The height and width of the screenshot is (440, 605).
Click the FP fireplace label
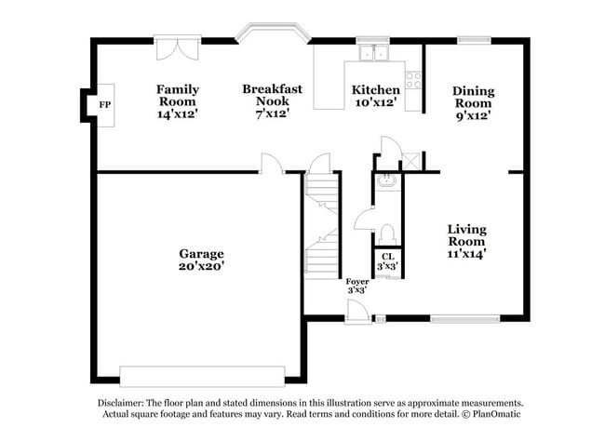(x=105, y=106)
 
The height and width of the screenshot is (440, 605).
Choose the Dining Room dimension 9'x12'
(x=473, y=116)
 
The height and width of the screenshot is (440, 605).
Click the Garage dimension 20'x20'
(x=201, y=266)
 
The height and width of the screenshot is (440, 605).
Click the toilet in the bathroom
(x=388, y=232)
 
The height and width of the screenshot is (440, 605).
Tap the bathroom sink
(x=388, y=181)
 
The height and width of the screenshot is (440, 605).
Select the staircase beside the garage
(x=321, y=228)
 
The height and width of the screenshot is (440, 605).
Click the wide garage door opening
(x=201, y=376)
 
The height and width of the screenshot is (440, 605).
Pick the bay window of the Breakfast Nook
(x=272, y=34)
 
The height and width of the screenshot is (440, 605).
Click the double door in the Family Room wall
(x=177, y=47)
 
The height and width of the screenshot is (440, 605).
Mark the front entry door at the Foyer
(x=357, y=307)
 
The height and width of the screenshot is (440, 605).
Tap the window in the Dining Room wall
(x=473, y=39)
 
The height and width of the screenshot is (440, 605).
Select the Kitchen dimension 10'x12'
(x=375, y=103)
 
